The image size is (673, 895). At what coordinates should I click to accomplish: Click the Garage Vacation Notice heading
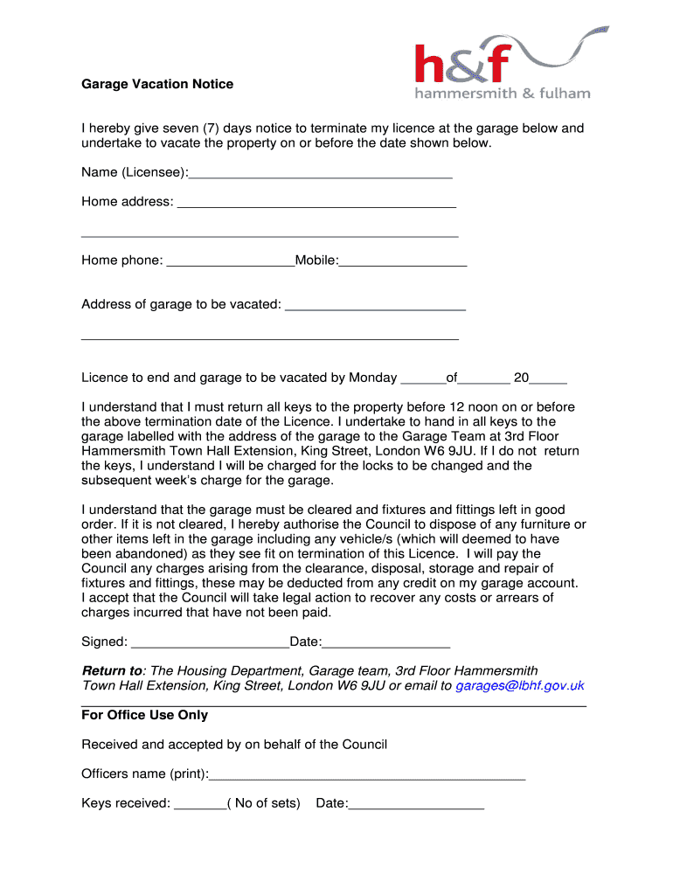coord(157,85)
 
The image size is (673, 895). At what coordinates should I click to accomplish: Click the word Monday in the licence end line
coord(372,378)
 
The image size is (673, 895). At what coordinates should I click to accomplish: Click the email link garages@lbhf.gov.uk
coord(520,686)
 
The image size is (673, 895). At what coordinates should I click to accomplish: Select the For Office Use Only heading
coord(144,715)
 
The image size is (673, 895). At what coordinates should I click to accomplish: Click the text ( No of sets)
coord(263,803)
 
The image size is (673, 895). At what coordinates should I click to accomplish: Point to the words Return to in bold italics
coord(111,671)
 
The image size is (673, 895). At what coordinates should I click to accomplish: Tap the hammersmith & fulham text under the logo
coord(502,94)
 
